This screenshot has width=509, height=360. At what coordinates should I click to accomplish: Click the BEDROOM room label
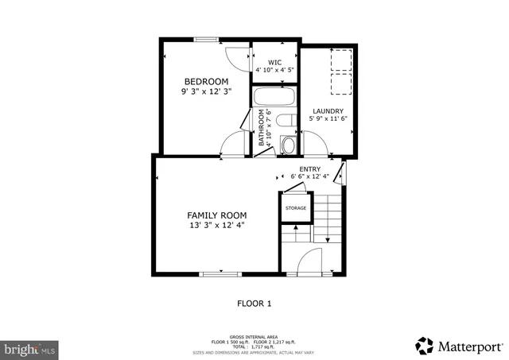point(206,82)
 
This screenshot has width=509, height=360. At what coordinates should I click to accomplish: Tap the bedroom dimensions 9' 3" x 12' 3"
point(206,92)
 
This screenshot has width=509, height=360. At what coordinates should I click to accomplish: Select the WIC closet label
point(274,62)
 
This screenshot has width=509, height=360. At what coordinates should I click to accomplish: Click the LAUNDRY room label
point(328,111)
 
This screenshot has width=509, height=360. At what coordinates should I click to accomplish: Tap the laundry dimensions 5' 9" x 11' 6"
point(328,119)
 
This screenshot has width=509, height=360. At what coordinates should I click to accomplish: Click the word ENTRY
point(309,168)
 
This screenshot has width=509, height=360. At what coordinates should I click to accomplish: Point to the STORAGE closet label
point(295,208)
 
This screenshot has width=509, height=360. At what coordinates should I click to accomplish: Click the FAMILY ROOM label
point(216,215)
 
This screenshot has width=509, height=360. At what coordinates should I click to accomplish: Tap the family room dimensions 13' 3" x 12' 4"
point(216,226)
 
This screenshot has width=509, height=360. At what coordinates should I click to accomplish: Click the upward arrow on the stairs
point(296,229)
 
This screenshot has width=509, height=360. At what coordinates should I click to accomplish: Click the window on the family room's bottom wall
point(220,275)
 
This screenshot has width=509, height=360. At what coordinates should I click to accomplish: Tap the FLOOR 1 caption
point(254,304)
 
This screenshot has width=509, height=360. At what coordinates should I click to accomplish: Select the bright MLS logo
point(29,349)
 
